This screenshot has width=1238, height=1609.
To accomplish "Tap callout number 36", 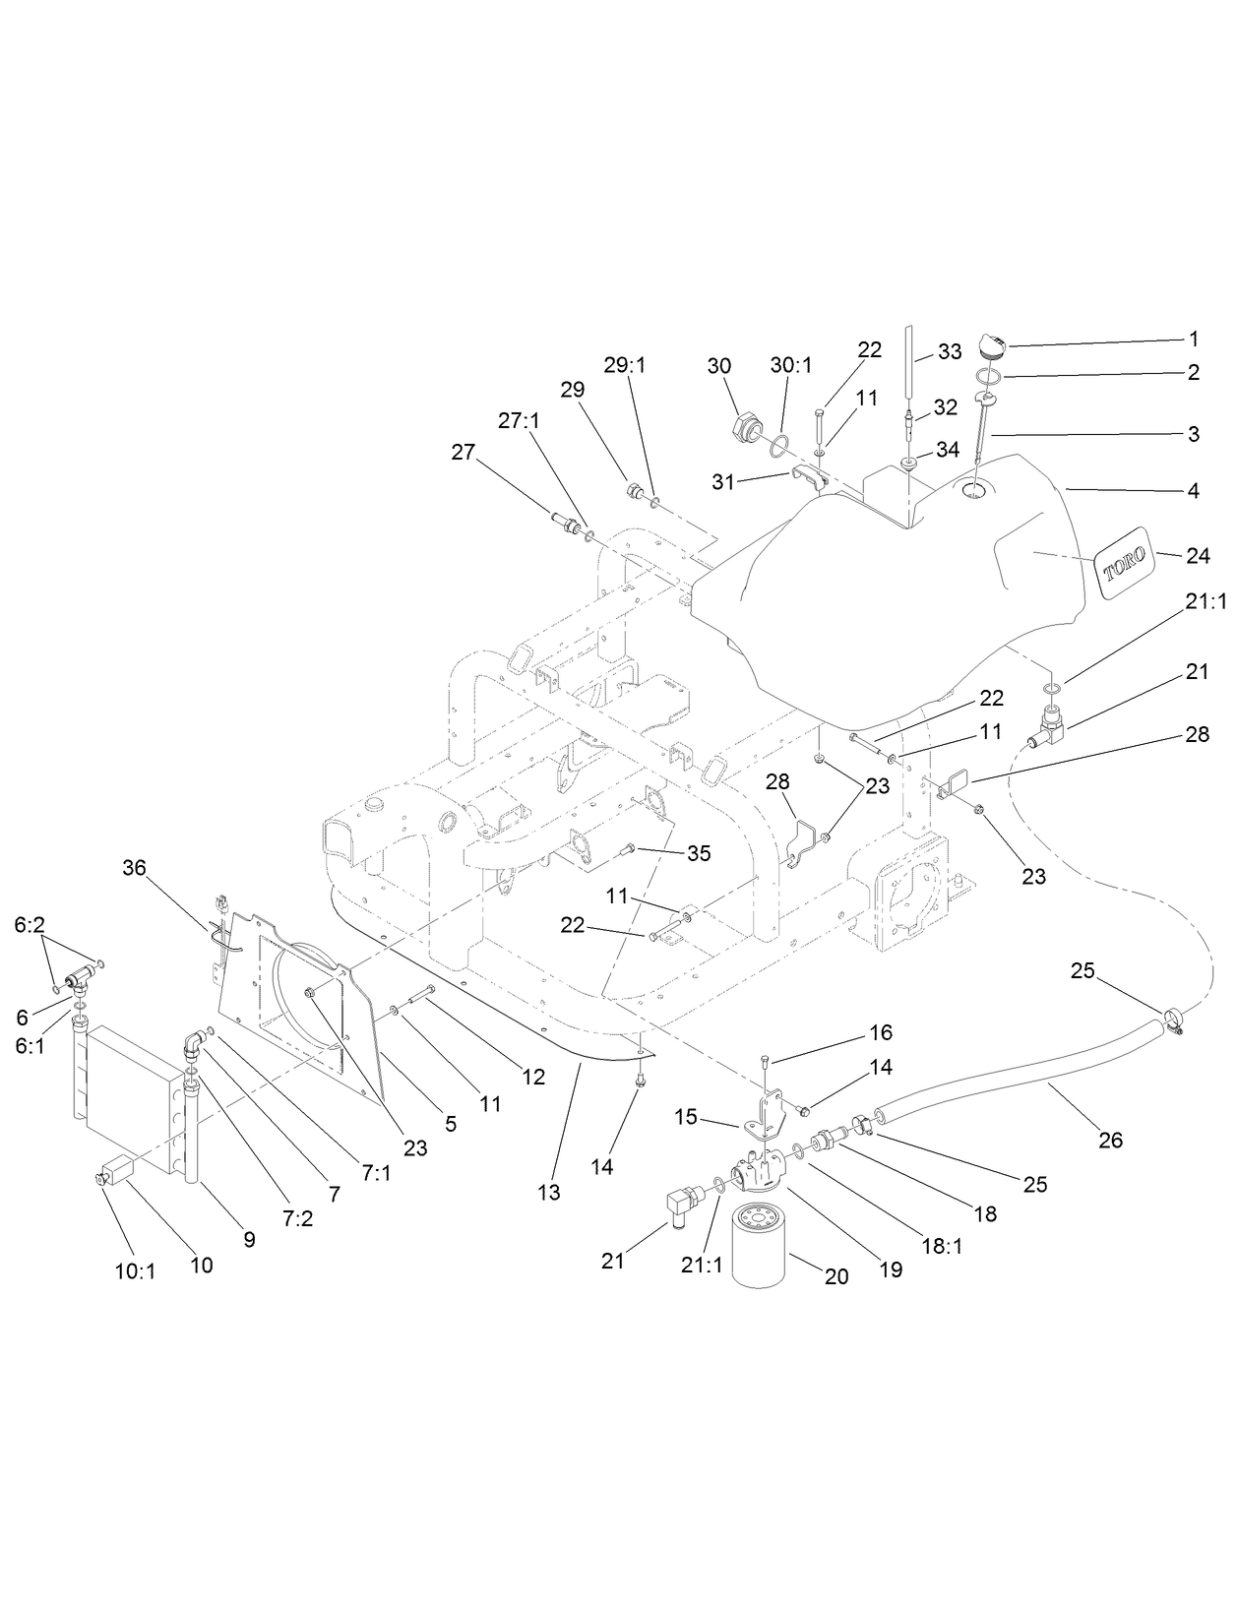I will [x=134, y=867].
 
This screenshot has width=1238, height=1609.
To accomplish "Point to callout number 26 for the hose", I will [x=1110, y=1141].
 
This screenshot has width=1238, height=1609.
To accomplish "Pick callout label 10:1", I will [x=136, y=1270].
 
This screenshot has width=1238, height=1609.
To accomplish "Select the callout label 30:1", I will [x=791, y=365].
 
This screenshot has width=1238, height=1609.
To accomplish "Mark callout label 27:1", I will [x=519, y=420].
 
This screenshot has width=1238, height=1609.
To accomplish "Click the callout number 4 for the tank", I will [x=1193, y=490].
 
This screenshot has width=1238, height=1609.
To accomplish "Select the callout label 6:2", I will [x=30, y=924].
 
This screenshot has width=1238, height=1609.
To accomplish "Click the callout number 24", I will [x=1197, y=556].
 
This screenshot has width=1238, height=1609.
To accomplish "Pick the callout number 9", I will [x=249, y=1240].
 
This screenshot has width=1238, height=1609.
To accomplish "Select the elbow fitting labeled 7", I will [x=196, y=1043].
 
